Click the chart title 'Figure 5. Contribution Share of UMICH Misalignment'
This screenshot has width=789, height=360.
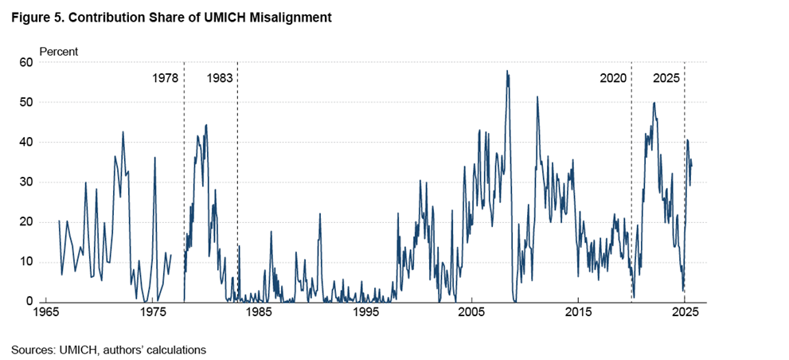coord(170,17)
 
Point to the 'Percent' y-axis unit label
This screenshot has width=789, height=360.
coord(59,52)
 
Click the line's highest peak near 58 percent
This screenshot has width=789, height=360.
coord(506,71)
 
